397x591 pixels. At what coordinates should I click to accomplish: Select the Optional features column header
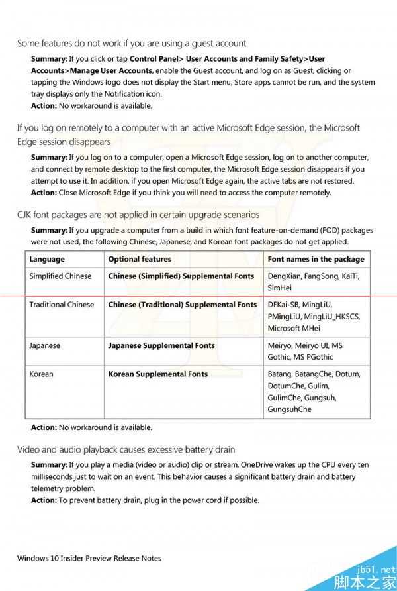140,259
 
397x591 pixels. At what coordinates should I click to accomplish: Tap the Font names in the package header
316,259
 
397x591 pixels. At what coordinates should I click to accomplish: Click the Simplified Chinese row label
60,276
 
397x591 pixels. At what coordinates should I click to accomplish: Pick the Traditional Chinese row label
62,305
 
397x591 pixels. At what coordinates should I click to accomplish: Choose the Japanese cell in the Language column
44,345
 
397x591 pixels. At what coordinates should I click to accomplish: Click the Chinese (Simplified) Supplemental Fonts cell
181,276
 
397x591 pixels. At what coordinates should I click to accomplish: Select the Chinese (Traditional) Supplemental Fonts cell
182,305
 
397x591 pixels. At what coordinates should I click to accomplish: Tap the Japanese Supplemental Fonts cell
161,345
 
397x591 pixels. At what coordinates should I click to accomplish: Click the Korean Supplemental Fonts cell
157,374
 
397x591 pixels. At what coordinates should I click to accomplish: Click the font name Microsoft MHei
294,328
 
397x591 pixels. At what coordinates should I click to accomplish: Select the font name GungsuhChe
289,409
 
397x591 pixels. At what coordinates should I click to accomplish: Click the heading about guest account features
132,43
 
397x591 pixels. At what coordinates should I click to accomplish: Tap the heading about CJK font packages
138,215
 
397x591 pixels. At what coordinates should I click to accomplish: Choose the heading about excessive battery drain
126,449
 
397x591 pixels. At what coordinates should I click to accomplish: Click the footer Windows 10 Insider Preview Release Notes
89,558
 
